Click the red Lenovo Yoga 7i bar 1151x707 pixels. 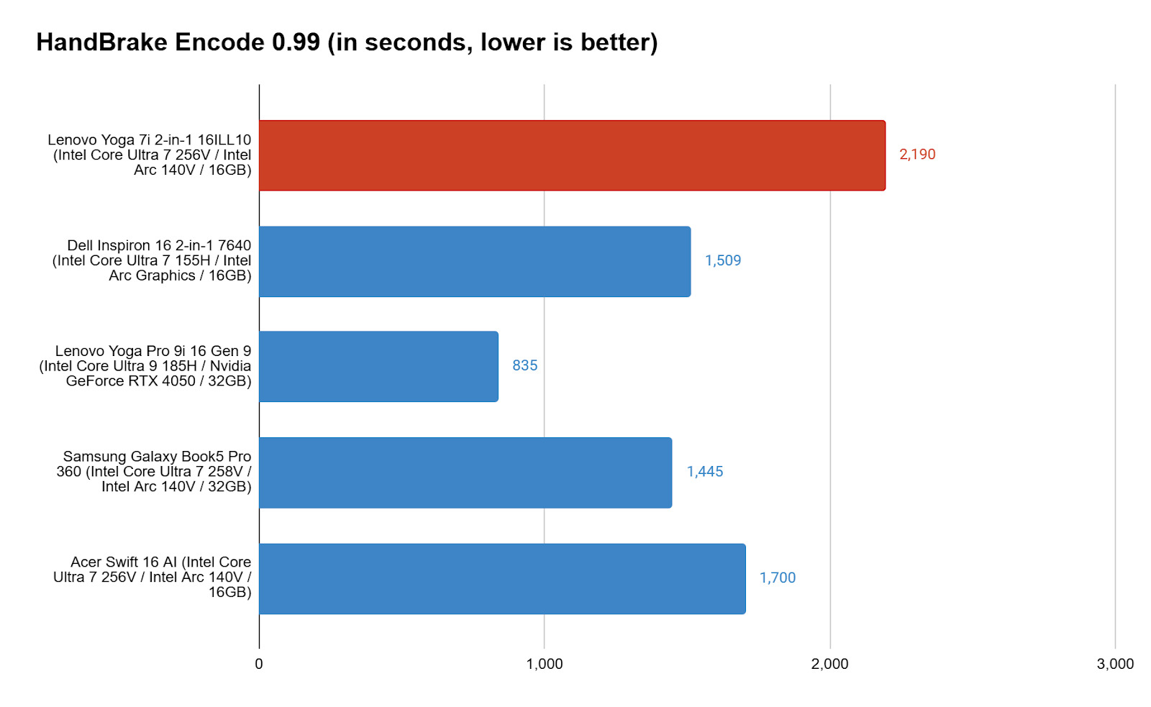coord(572,155)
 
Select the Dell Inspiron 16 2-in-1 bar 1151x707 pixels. coord(475,261)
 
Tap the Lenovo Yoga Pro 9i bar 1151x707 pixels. coord(378,366)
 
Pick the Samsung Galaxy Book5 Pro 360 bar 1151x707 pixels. coord(465,473)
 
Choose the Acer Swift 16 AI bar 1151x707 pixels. coord(502,578)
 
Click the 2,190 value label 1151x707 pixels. coord(917,155)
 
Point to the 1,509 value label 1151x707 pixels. coord(723,260)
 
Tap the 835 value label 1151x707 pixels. coord(524,365)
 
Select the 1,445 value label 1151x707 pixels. coord(705,472)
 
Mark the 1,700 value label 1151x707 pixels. coord(778,578)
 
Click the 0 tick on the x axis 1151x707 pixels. coord(259,664)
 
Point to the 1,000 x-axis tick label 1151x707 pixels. coord(545,664)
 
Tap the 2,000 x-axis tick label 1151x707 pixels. coord(830,664)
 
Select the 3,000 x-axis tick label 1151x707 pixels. coord(1115,664)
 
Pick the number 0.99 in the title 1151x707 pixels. coord(296,42)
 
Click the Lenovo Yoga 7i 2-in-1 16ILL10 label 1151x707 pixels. coord(150,155)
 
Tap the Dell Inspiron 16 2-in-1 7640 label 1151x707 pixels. coord(152,260)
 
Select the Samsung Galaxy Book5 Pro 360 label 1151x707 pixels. coord(154,471)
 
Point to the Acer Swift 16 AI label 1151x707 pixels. coord(153,577)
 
